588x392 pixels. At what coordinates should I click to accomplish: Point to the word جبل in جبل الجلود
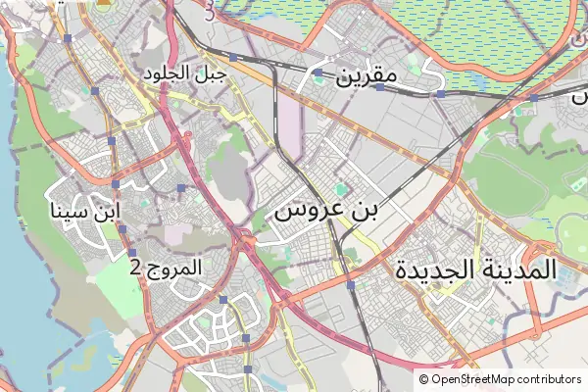[x=212, y=74]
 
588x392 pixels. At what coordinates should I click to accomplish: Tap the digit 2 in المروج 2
[x=135, y=268]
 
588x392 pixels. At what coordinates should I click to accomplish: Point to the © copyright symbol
[x=424, y=379]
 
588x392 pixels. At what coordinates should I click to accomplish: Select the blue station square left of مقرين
[x=318, y=73]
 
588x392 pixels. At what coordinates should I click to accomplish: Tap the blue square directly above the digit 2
[x=131, y=253]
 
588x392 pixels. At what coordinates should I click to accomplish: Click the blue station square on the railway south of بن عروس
[x=350, y=285]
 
